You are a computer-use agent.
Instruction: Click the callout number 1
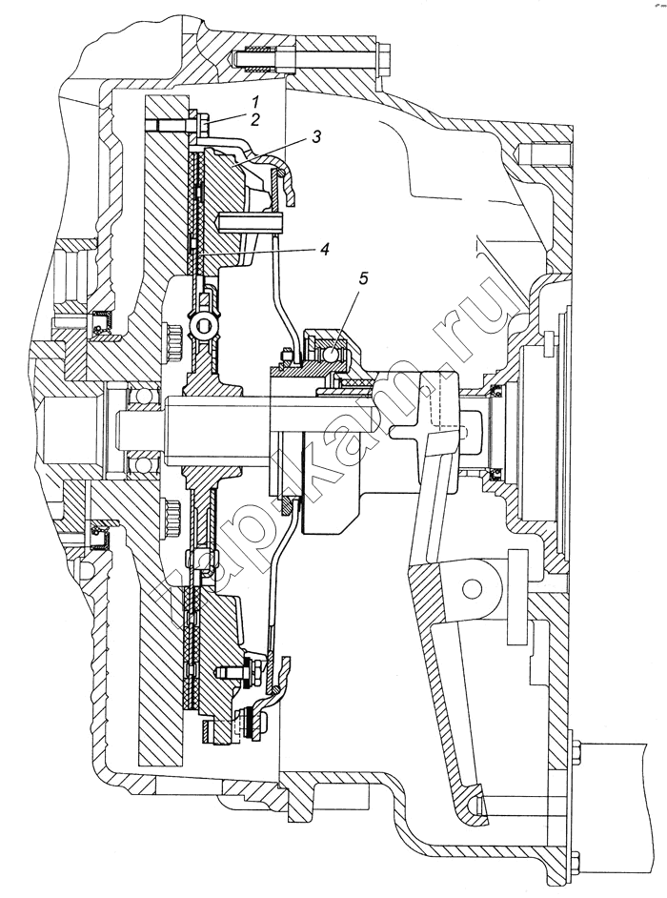point(257,103)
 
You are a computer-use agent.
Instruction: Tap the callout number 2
point(256,120)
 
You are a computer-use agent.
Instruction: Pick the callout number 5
point(365,279)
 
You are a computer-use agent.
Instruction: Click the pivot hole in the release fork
point(473,588)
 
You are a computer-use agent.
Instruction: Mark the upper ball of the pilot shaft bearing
point(137,394)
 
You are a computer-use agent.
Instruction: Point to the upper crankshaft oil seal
point(104,322)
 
